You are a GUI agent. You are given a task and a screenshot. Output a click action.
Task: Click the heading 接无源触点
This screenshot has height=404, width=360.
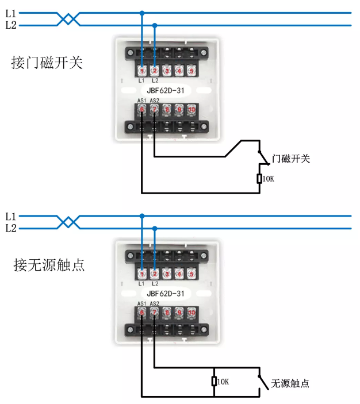(x=49, y=265)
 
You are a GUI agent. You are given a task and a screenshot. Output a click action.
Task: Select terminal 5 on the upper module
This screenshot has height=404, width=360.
(x=191, y=71)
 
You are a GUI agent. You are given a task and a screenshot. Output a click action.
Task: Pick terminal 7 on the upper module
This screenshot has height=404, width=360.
(x=154, y=109)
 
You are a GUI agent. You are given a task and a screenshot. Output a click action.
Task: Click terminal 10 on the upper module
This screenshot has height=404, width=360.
(x=192, y=109)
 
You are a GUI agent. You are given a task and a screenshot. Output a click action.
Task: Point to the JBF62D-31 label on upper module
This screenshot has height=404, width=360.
(x=166, y=90)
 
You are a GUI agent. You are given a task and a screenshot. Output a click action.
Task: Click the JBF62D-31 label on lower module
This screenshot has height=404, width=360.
(x=166, y=294)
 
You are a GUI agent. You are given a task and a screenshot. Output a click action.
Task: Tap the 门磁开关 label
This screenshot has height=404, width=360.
(x=291, y=159)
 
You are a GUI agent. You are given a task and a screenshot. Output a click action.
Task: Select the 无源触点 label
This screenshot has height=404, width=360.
(x=290, y=383)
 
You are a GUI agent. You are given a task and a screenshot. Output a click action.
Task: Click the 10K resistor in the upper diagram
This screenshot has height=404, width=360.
(x=259, y=179)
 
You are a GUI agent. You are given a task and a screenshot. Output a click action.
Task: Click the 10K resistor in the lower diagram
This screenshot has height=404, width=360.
(x=213, y=382)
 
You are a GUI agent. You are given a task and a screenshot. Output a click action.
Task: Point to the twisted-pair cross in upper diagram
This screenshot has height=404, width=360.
(x=69, y=19)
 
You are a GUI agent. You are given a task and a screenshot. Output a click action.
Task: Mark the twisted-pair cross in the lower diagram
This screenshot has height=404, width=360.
(x=69, y=222)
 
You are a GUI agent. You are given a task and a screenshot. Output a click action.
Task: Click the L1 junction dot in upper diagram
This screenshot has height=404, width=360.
(x=142, y=13)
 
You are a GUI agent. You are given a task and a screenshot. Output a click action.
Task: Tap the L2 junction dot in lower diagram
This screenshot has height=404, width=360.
(x=154, y=229)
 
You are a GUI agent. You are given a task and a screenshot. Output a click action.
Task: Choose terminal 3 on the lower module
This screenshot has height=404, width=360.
(x=167, y=275)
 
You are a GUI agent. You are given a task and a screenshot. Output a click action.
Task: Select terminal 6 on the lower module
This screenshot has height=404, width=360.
(x=141, y=312)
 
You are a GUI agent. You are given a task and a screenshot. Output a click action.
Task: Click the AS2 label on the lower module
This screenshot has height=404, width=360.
(x=154, y=303)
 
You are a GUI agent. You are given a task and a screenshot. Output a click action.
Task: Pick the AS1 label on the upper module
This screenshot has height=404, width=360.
(x=141, y=101)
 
